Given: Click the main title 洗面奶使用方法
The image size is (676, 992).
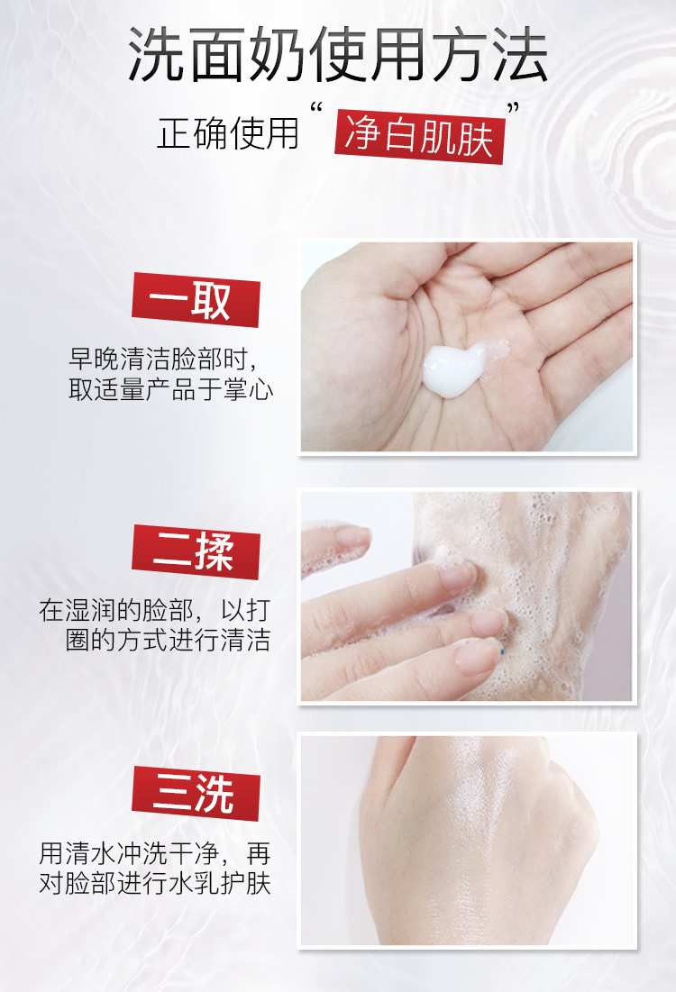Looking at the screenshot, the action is pyautogui.click(x=337, y=56).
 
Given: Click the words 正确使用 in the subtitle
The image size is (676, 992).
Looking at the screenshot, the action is pyautogui.click(x=228, y=133).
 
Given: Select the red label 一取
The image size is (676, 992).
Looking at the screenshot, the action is pyautogui.click(x=196, y=300).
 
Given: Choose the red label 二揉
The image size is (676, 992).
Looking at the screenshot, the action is pyautogui.click(x=196, y=551).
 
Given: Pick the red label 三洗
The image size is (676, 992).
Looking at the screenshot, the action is pyautogui.click(x=196, y=794).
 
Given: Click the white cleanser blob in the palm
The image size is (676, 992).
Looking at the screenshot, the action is pyautogui.click(x=459, y=370).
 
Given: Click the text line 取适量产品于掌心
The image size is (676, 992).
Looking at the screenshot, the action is pyautogui.click(x=171, y=389).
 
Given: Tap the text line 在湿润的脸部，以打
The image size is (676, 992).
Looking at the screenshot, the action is pyautogui.click(x=154, y=611).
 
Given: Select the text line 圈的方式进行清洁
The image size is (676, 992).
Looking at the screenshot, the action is pyautogui.click(x=168, y=641).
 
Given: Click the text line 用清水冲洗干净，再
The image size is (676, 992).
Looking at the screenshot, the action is pyautogui.click(x=154, y=853).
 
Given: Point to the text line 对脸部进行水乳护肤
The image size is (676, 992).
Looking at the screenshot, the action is pyautogui.click(x=154, y=883).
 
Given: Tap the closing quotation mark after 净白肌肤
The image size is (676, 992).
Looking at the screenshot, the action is pyautogui.click(x=514, y=108).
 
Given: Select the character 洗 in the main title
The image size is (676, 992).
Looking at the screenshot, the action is pyautogui.click(x=154, y=56).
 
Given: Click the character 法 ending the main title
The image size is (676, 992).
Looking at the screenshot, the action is pyautogui.click(x=520, y=56).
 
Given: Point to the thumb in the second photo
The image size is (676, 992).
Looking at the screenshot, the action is pyautogui.click(x=335, y=544).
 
